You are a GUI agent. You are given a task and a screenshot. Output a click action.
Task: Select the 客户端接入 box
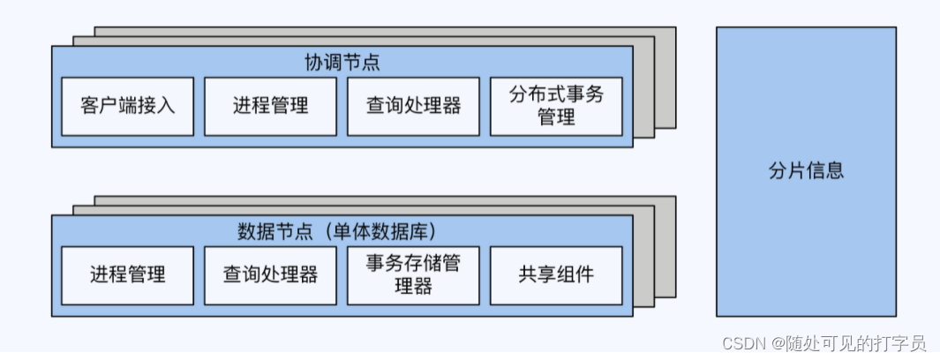coord(128,106)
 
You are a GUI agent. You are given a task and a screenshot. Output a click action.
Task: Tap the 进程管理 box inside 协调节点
coord(271,106)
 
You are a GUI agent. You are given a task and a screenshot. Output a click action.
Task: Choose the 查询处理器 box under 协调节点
coord(414,106)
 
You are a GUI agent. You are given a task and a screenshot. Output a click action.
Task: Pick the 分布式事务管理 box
coord(556,106)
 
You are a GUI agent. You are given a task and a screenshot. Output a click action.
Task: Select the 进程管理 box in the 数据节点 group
coord(128,274)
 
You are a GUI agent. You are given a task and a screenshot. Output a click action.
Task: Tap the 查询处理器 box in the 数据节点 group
coord(271,274)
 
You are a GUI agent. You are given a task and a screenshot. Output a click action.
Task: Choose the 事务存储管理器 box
coord(414,274)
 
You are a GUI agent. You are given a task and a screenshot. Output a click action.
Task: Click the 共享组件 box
coord(556,274)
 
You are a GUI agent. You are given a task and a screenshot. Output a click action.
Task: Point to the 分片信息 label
coord(806,171)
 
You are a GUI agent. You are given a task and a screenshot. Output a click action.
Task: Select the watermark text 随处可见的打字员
coord(856,343)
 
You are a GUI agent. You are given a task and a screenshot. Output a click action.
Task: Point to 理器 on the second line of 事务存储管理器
coord(413,286)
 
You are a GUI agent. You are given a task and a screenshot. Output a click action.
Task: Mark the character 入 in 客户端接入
coord(166,106)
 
